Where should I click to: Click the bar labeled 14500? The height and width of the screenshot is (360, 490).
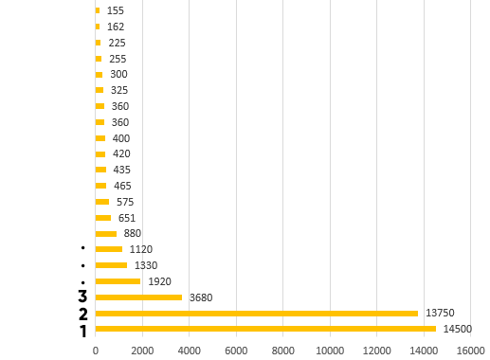pos(265,329)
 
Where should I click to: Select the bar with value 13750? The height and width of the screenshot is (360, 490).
pos(257,314)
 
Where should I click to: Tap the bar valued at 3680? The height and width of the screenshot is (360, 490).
pos(138,297)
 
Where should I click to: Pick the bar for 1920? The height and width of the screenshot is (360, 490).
pos(118,281)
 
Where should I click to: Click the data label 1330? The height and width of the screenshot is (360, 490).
pos(146,265)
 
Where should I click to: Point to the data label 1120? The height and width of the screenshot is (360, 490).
pos(141,249)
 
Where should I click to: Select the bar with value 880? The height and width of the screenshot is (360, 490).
pos(106,234)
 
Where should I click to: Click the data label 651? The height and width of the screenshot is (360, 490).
pos(127,218)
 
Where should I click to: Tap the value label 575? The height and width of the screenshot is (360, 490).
pos(125,202)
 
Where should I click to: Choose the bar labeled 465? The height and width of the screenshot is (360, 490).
pos(100,186)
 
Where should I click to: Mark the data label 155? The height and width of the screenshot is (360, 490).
pos(116,10)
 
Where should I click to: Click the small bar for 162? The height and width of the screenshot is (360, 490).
pos(98,27)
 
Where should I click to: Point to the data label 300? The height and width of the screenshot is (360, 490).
pos(118,74)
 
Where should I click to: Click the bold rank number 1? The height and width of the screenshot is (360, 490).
pos(83,332)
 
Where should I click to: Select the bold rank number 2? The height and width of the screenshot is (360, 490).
pos(83,314)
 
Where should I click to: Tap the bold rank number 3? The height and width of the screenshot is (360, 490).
pos(82,297)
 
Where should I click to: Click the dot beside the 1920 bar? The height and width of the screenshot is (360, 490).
pos(82,282)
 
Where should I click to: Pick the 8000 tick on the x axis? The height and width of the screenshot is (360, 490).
pos(283,351)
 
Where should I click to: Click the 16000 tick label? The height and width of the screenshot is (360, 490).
pos(471,351)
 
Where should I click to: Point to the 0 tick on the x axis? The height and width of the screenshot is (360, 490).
pos(96,351)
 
